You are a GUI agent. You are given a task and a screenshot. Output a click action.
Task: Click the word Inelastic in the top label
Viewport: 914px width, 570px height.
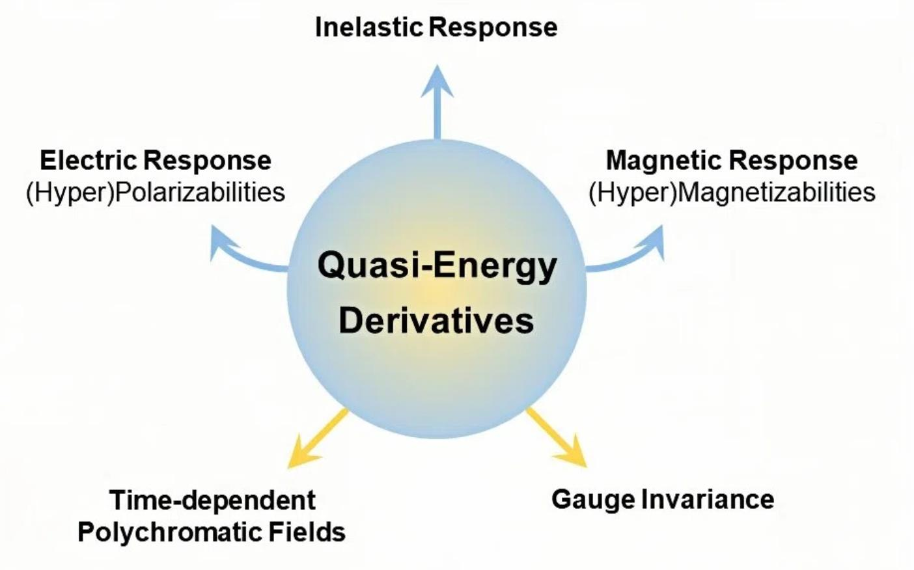click(368, 27)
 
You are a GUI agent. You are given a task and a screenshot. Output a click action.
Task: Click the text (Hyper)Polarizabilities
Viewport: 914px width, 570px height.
click(156, 193)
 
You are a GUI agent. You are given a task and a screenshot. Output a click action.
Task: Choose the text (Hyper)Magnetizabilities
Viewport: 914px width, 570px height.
click(732, 193)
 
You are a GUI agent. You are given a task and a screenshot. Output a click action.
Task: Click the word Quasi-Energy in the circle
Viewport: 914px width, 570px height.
click(437, 266)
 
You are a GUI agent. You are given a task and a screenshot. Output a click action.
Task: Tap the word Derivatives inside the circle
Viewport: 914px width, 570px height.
click(436, 321)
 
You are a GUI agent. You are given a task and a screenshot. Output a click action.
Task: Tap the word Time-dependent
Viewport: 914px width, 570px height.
click(212, 500)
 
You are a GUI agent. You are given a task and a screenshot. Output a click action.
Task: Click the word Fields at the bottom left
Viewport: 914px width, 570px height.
click(307, 532)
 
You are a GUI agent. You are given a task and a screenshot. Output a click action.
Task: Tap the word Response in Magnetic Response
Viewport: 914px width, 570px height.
click(793, 160)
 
